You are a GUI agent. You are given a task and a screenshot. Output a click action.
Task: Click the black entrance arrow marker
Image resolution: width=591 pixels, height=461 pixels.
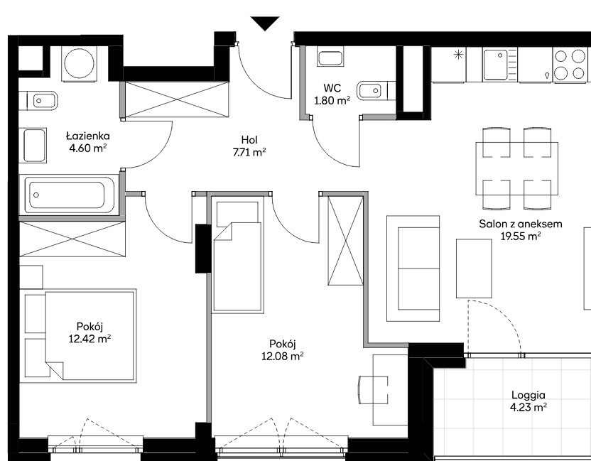[265, 23]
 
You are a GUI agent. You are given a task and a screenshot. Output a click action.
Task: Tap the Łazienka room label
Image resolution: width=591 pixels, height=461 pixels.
[88, 136]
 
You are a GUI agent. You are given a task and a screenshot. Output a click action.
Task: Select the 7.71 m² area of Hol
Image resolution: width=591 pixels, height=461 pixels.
[249, 152]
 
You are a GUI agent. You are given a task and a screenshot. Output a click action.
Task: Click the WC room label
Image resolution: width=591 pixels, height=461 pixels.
[332, 88]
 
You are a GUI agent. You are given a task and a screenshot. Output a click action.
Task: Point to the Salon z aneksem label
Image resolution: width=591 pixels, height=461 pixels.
[521, 224]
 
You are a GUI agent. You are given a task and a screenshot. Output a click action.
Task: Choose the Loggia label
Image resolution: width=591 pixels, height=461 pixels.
[528, 395]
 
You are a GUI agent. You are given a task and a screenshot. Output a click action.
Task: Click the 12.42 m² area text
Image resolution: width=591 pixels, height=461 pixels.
[90, 339]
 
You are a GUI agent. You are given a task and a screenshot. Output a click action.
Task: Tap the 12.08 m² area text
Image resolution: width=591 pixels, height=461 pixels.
[283, 356]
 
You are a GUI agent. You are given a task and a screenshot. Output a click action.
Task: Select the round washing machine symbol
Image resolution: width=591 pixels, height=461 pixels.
[80, 64]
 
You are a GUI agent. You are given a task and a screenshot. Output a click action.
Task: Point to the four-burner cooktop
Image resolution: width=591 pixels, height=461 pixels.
[570, 64]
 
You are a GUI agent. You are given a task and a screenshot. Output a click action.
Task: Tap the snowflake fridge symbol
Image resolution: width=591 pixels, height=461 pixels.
[458, 55]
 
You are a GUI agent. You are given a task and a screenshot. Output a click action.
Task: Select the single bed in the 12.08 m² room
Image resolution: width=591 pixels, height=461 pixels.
[237, 254]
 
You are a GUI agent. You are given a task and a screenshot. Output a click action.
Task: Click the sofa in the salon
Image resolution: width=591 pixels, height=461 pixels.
[413, 269]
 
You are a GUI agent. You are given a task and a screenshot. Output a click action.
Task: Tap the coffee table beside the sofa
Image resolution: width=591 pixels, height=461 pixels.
[474, 269]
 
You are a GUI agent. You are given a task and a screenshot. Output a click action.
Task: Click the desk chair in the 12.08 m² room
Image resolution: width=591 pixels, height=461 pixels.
[372, 390]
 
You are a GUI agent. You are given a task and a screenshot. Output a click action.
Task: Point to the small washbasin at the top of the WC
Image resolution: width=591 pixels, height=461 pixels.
[330, 58]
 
